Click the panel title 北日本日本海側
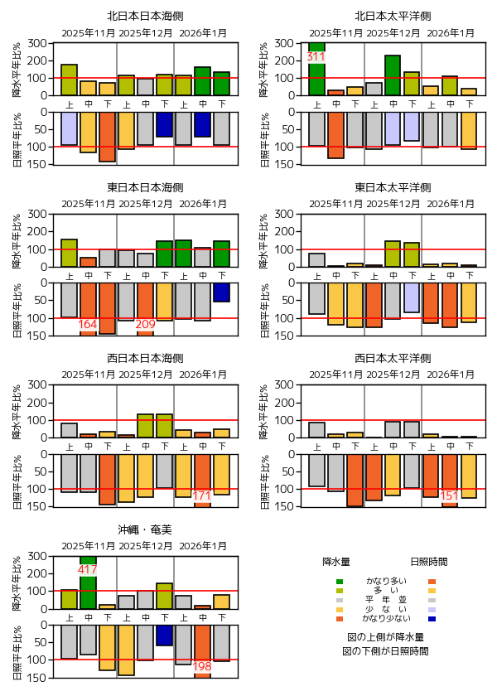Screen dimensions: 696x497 145,16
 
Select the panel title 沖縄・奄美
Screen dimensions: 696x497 145,529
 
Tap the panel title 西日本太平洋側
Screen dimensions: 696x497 393,358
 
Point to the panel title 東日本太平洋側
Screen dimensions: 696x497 393,187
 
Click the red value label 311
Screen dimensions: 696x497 316,57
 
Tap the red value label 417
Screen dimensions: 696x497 88,570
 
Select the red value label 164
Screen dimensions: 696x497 88,324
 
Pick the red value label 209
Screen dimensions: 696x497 145,324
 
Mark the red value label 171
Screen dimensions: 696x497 202,495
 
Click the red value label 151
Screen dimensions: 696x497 450,495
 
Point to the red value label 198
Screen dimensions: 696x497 202,667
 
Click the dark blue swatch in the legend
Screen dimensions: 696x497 432,619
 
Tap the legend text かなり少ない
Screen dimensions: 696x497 386,619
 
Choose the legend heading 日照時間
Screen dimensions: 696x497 429,561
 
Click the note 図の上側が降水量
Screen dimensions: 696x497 386,637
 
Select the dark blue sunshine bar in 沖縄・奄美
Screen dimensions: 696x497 164,635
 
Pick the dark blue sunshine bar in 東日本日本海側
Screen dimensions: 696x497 221,292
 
